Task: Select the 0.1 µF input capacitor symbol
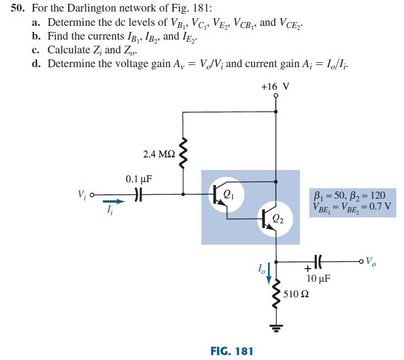coord(139,194)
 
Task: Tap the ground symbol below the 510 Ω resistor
coord(276,329)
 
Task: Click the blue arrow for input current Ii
coord(111,201)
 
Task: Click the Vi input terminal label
coord(82,194)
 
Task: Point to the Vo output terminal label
coord(372,260)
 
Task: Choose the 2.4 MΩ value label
coord(159,155)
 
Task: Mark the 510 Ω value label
coord(296,294)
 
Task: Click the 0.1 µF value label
coord(139,179)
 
